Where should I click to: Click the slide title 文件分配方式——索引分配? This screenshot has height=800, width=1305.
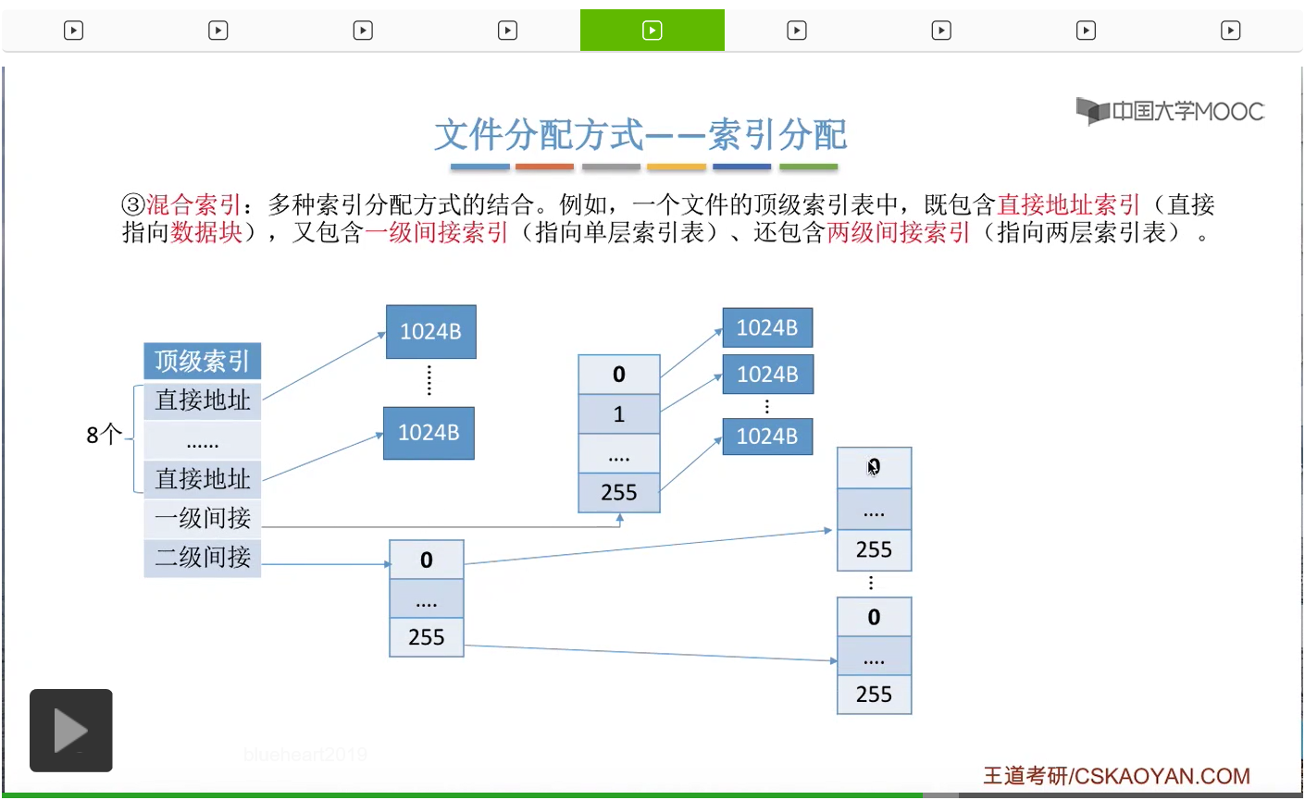click(x=640, y=135)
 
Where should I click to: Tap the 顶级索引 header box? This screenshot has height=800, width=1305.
click(x=202, y=361)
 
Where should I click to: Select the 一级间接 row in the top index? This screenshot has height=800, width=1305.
click(x=202, y=518)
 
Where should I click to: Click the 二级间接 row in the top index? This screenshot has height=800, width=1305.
click(x=202, y=557)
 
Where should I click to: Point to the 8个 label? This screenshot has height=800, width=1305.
click(x=104, y=434)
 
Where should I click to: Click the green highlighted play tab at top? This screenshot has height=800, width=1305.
click(x=652, y=31)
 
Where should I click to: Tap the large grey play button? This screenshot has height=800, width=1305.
click(x=71, y=731)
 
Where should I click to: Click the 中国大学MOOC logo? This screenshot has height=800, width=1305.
click(x=1170, y=112)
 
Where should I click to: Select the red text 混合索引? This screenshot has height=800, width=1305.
click(x=193, y=204)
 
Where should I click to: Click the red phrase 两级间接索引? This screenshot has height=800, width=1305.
click(x=898, y=232)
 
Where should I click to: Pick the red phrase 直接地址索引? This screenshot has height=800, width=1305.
click(x=1068, y=204)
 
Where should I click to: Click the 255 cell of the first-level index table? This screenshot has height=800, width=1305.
click(x=618, y=493)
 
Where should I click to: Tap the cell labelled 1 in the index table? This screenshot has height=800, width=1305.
click(x=618, y=414)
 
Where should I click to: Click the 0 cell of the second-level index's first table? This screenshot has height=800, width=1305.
click(x=426, y=560)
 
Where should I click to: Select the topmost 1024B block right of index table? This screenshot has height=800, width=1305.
click(x=766, y=328)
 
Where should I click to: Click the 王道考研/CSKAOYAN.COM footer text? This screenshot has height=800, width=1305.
click(x=1115, y=775)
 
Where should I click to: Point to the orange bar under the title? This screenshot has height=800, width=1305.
click(x=544, y=167)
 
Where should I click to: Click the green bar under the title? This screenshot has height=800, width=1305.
click(x=808, y=167)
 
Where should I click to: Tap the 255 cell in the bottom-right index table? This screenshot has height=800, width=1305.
click(x=874, y=695)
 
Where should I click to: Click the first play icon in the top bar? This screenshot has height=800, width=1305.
click(x=73, y=31)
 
